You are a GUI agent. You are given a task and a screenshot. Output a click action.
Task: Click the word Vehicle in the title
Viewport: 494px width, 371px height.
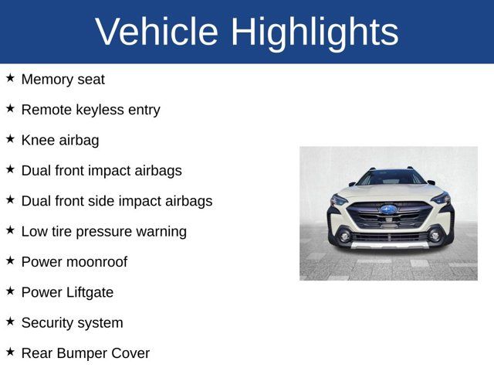[157, 32]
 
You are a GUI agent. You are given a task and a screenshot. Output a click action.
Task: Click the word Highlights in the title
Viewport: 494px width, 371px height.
[314, 32]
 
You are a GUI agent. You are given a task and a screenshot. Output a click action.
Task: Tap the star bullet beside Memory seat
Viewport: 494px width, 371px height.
[10, 78]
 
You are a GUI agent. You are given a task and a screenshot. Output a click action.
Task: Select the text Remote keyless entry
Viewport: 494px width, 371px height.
[90, 110]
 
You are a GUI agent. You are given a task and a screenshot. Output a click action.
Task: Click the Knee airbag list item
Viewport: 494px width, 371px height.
[60, 140]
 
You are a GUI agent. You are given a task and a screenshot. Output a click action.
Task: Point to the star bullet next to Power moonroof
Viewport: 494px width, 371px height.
[10, 260]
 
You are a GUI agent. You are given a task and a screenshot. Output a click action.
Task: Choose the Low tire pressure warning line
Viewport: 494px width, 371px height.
[103, 231]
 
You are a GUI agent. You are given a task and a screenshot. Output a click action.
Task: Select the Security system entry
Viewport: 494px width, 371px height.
[72, 322]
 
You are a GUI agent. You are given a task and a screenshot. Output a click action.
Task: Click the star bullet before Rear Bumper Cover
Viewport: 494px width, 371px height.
[10, 352]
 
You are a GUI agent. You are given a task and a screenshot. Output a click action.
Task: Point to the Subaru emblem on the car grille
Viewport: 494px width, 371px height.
[388, 209]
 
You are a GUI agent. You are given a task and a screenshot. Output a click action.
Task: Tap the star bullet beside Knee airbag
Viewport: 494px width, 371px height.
[10, 139]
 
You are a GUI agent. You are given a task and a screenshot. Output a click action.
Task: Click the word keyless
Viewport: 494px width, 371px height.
[96, 110]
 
